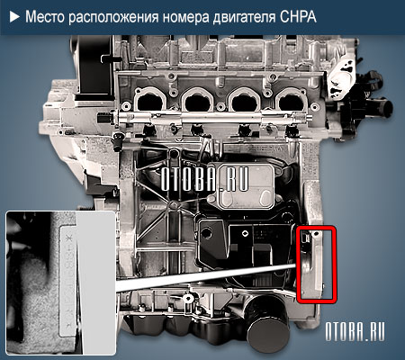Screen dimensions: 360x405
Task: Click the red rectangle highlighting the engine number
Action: (x=314, y=263)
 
